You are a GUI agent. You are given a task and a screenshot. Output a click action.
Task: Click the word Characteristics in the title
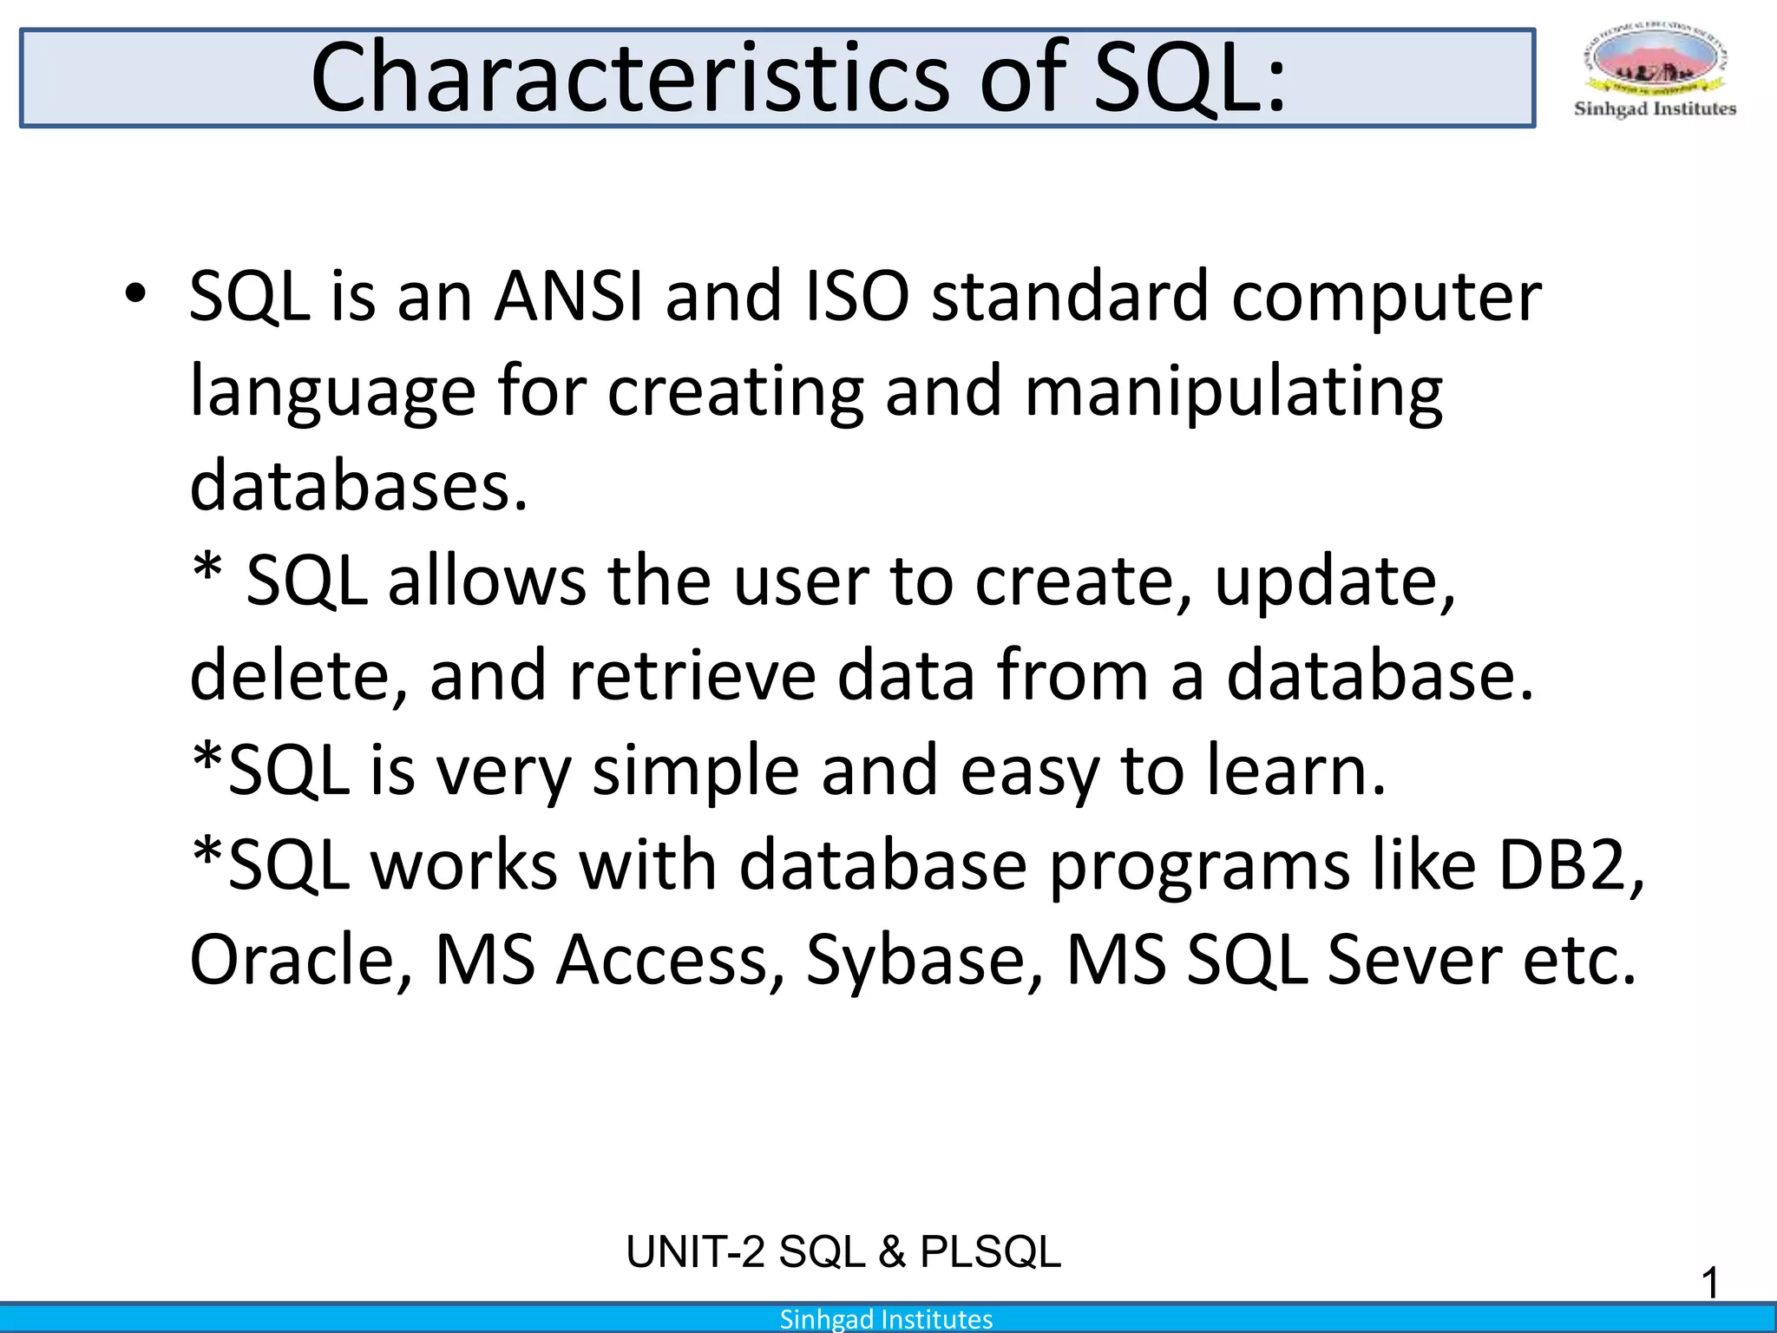click(x=631, y=78)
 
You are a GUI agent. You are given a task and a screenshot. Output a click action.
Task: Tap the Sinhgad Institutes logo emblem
click(x=1655, y=61)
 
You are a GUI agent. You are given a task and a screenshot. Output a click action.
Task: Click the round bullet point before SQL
click(x=134, y=295)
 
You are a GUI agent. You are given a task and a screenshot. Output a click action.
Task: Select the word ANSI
click(x=568, y=297)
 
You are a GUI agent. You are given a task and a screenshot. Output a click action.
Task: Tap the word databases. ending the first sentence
click(x=358, y=486)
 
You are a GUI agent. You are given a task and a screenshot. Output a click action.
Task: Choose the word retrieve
click(x=692, y=676)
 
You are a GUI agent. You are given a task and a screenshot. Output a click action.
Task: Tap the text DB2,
click(x=1571, y=865)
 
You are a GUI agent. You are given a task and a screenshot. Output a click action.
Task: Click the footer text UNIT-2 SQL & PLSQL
click(x=843, y=1252)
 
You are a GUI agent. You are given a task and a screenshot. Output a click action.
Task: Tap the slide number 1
click(x=1709, y=1283)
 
